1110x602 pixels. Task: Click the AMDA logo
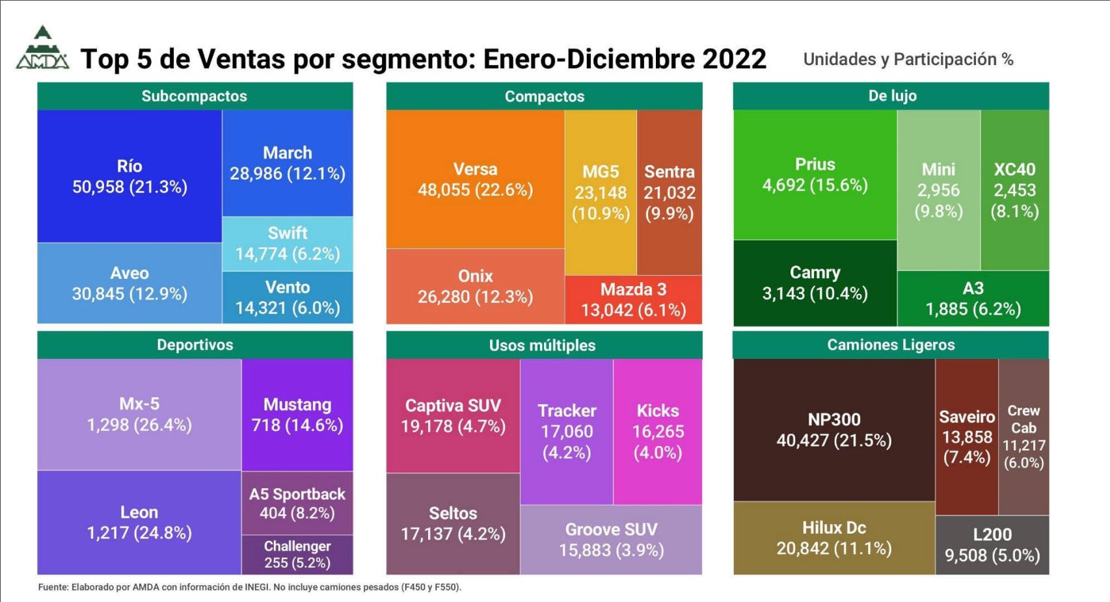42,49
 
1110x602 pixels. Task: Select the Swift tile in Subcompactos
288,243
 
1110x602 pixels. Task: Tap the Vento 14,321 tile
288,297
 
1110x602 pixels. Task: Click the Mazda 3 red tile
633,299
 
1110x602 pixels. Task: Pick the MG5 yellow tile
601,192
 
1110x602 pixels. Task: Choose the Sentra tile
670,192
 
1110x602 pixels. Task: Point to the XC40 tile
1014,190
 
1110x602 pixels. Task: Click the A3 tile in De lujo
973,298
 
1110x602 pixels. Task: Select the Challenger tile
297,554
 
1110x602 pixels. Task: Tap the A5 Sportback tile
297,503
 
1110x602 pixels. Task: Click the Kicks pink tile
658,431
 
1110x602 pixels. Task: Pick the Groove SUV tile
611,540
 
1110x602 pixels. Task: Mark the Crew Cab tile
1023,436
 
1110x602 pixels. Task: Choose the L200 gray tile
992,545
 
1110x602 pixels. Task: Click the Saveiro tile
967,436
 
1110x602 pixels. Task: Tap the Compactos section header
545,96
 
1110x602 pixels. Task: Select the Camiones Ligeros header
891,345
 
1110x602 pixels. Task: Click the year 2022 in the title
734,59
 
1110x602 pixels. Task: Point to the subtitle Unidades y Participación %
908,59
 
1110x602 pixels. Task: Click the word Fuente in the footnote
53,587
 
